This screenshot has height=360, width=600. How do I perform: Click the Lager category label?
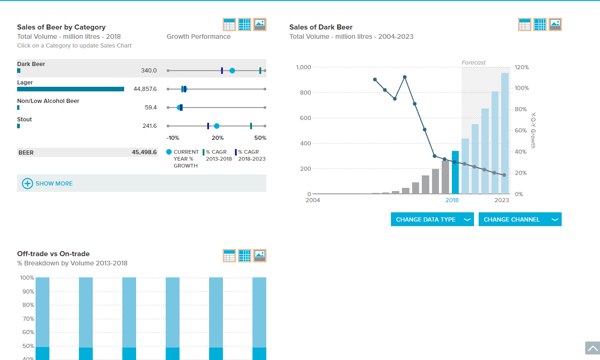(x=25, y=83)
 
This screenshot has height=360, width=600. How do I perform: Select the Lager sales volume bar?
(x=71, y=89)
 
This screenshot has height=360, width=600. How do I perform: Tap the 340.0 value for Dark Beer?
(x=149, y=71)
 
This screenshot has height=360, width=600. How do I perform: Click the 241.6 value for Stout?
(x=150, y=126)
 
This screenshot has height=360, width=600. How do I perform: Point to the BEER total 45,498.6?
(x=144, y=152)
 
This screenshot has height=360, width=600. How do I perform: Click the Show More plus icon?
(x=27, y=184)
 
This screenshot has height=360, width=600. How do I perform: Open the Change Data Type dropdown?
(x=432, y=219)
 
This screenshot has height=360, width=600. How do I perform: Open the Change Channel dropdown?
(x=520, y=219)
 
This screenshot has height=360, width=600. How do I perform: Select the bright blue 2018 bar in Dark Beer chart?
(x=455, y=173)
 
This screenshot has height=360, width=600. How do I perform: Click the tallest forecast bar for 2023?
(x=505, y=133)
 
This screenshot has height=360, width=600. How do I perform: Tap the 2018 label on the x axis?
(x=452, y=200)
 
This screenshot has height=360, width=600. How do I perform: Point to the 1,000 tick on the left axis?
(x=303, y=67)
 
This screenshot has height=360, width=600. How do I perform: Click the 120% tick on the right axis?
(x=522, y=67)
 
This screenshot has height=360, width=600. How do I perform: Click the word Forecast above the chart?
(x=473, y=62)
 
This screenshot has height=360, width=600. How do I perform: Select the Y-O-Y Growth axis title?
(x=533, y=131)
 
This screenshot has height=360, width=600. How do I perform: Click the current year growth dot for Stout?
(x=217, y=126)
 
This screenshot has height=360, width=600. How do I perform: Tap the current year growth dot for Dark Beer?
(x=232, y=71)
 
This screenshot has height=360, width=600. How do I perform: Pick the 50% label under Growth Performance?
(x=260, y=138)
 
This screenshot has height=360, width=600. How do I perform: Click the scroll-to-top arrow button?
(x=593, y=348)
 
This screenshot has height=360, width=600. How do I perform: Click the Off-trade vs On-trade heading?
(x=53, y=254)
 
